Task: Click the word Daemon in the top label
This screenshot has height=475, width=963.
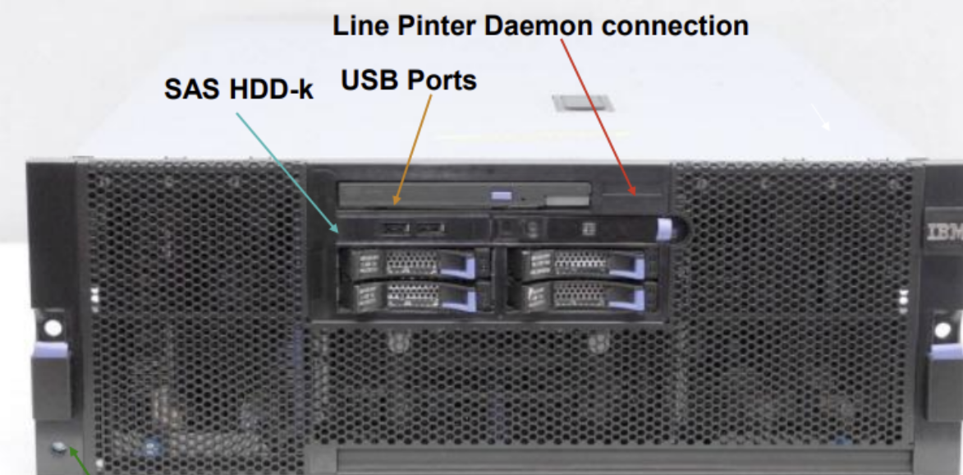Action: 537,25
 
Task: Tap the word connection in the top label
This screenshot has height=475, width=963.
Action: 675,25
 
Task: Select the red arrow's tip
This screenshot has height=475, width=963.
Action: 634,194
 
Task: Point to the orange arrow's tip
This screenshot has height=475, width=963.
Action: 395,201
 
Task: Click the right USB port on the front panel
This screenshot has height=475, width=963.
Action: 428,228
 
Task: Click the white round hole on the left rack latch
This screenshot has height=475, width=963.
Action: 53,328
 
